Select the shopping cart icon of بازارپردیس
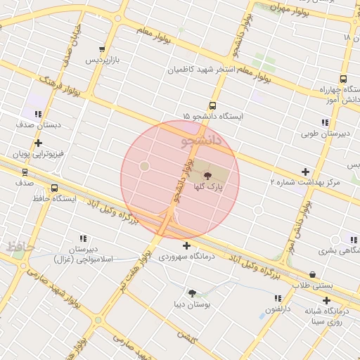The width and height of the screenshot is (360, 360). pyautogui.click(x=103, y=49)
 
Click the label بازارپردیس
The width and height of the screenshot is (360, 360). pyautogui.click(x=103, y=60)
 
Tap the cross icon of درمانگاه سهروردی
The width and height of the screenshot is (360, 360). pyautogui.click(x=186, y=245)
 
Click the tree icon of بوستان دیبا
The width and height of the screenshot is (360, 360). pyautogui.click(x=191, y=292)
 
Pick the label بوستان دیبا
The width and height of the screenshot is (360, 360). pyautogui.click(x=189, y=304)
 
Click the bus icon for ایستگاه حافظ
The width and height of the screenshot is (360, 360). pyautogui.click(x=54, y=188)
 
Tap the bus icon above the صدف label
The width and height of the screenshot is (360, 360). pyautogui.click(x=25, y=172)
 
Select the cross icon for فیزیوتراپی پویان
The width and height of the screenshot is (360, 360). pyautogui.click(x=39, y=143)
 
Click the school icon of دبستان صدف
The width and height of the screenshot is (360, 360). pyautogui.click(x=39, y=113)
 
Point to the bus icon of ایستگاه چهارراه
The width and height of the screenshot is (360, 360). pyautogui.click(x=343, y=79)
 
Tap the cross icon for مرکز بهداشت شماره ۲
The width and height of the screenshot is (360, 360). pyautogui.click(x=305, y=172)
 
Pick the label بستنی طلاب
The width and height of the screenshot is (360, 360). pyautogui.click(x=311, y=285)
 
